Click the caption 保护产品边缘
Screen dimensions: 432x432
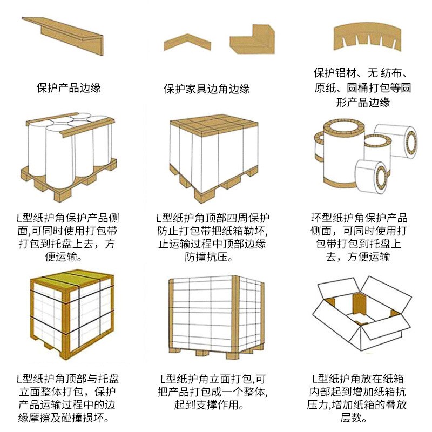point(69,87)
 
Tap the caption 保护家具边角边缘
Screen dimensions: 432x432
point(207,89)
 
